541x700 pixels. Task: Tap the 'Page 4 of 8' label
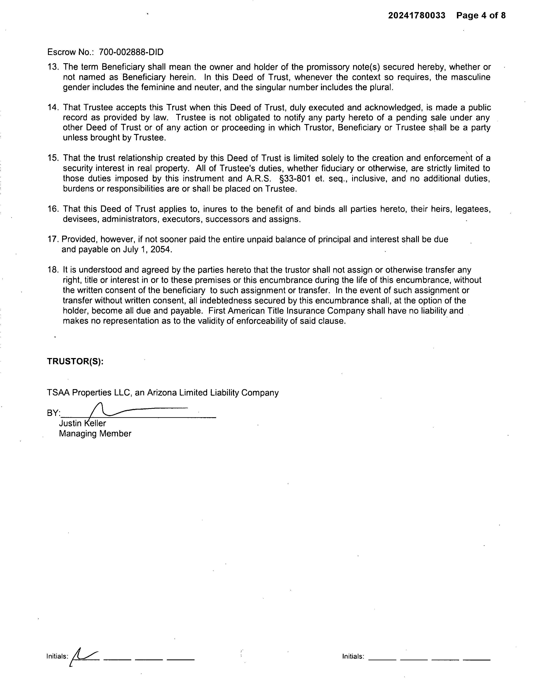pyautogui.click(x=481, y=15)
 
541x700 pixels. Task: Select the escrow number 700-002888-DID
pyautogui.click(x=131, y=52)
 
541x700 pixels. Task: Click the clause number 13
pyautogui.click(x=52, y=67)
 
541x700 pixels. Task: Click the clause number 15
pyautogui.click(x=52, y=158)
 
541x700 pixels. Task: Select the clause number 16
pyautogui.click(x=52, y=209)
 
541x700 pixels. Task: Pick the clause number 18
pyautogui.click(x=52, y=270)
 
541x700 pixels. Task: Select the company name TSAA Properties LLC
pyautogui.click(x=89, y=393)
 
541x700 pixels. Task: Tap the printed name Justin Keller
pyautogui.click(x=82, y=423)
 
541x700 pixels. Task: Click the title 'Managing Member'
pyautogui.click(x=95, y=434)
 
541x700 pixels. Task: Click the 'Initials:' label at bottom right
pyautogui.click(x=353, y=656)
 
